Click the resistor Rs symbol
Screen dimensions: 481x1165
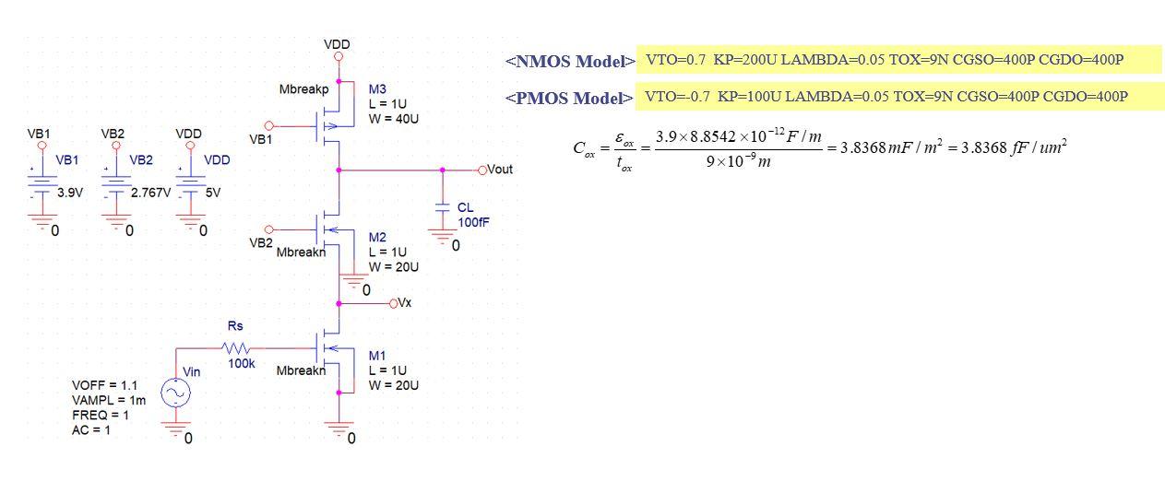[236, 348]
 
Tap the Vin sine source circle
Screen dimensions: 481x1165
[175, 393]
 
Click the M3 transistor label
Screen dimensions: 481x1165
[377, 89]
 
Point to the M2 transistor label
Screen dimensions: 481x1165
[377, 238]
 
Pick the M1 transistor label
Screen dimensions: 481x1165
[377, 356]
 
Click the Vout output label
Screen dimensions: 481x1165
[499, 170]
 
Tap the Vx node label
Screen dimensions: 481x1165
[405, 302]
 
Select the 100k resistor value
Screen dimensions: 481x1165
[242, 363]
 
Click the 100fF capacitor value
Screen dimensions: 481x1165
[474, 223]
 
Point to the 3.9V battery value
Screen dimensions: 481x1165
[69, 194]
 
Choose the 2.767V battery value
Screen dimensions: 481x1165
[149, 194]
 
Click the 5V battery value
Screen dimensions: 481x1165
[212, 194]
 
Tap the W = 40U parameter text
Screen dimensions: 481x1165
[394, 119]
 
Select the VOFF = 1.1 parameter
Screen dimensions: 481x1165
[104, 385]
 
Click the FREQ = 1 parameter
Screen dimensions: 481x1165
[101, 415]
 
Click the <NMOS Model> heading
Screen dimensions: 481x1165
[569, 62]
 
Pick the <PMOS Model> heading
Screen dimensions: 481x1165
[568, 98]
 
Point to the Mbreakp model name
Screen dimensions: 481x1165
[303, 90]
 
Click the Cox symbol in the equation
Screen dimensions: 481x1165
[585, 150]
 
